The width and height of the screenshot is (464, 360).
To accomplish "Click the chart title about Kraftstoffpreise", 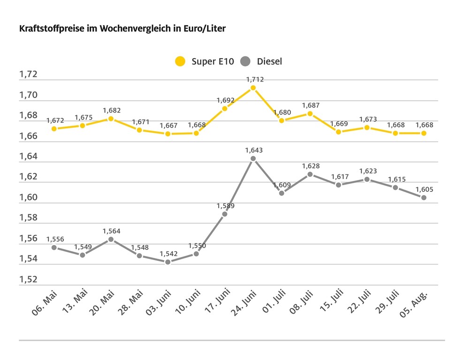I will click(x=122, y=29).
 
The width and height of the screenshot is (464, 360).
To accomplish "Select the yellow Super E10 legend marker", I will click(x=180, y=61).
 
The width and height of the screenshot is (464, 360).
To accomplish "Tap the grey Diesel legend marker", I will click(x=245, y=61).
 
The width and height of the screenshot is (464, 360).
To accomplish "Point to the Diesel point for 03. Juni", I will click(x=167, y=262).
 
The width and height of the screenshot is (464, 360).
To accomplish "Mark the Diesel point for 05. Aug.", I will click(x=424, y=198).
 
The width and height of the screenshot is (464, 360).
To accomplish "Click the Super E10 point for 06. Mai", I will click(x=54, y=128).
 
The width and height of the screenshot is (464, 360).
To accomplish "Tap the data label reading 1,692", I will click(x=225, y=100).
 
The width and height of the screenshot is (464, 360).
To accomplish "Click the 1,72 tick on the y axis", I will click(x=28, y=75).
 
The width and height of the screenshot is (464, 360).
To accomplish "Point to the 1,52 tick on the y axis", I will click(x=28, y=279).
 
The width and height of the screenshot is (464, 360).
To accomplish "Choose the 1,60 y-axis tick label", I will click(x=28, y=197).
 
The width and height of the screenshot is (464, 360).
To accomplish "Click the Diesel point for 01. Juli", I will click(x=281, y=193).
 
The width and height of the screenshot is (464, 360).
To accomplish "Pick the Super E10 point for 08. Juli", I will click(x=310, y=113).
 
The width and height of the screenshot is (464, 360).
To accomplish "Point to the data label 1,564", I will click(x=111, y=231).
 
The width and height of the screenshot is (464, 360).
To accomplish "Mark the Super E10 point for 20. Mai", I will click(x=111, y=119).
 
